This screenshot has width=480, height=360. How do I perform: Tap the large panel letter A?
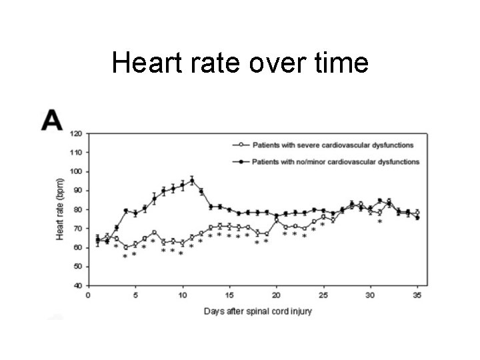click(52, 120)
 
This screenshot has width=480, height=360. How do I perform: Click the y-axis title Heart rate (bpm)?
click(59, 209)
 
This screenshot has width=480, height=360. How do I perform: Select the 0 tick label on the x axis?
click(88, 295)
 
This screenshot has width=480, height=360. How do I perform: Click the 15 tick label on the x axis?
click(229, 295)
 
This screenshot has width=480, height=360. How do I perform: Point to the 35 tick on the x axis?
click(417, 295)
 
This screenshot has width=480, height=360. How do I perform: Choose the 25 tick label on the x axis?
click(323, 295)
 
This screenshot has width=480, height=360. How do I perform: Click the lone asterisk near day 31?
click(380, 222)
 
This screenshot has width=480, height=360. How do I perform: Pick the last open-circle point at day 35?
click(417, 213)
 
